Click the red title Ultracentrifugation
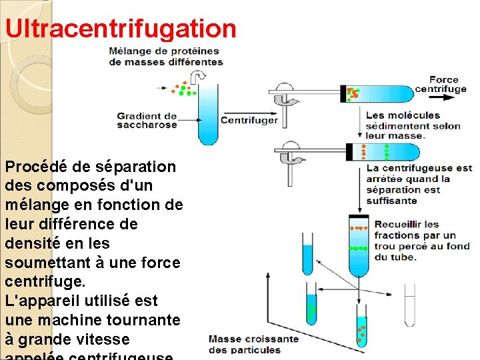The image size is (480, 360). (121, 29)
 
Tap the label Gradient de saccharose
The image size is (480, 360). (147, 120)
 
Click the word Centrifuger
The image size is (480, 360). (249, 121)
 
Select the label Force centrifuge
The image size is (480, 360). (444, 85)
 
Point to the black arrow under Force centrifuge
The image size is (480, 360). (443, 96)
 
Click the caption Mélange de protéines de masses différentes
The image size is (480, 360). (166, 56)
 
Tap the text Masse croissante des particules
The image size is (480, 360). (253, 344)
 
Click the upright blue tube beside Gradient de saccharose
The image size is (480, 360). (208, 113)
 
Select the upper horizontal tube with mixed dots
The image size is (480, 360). (377, 94)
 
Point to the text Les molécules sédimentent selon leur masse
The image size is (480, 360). (413, 125)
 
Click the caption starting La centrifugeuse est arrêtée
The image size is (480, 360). (419, 184)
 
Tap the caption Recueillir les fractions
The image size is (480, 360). (422, 241)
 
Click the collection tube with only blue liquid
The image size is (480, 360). (307, 255)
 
